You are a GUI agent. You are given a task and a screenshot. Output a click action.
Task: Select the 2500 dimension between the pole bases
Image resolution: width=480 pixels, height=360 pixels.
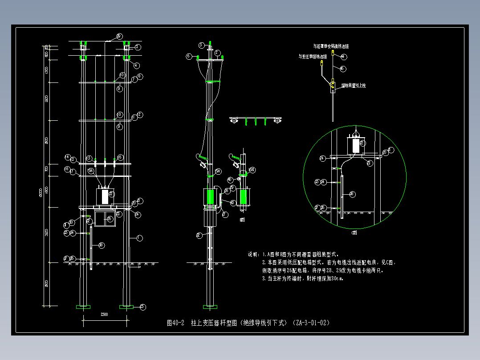click(104, 315)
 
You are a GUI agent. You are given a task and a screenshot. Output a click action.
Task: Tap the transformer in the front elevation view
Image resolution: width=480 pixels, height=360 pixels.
click(106, 196)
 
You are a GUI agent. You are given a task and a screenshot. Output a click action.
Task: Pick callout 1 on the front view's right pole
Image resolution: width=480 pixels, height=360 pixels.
click(139, 238)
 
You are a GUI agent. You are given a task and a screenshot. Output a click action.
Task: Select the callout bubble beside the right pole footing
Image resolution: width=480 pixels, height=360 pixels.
click(143, 306)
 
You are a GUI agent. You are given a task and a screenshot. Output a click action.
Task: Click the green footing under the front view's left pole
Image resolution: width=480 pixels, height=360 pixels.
click(83, 307)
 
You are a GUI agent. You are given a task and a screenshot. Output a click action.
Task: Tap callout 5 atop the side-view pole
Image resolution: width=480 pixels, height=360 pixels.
click(202, 45)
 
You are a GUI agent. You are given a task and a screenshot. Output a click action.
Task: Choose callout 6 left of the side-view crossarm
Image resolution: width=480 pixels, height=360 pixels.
click(189, 56)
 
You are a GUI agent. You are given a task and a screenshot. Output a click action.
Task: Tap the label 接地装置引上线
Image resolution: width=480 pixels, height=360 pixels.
click(354, 85)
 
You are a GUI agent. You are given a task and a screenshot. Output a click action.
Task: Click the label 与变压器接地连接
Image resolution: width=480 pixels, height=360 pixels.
click(313, 57)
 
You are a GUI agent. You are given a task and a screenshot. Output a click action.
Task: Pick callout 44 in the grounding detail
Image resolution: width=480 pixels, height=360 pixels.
click(343, 57)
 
